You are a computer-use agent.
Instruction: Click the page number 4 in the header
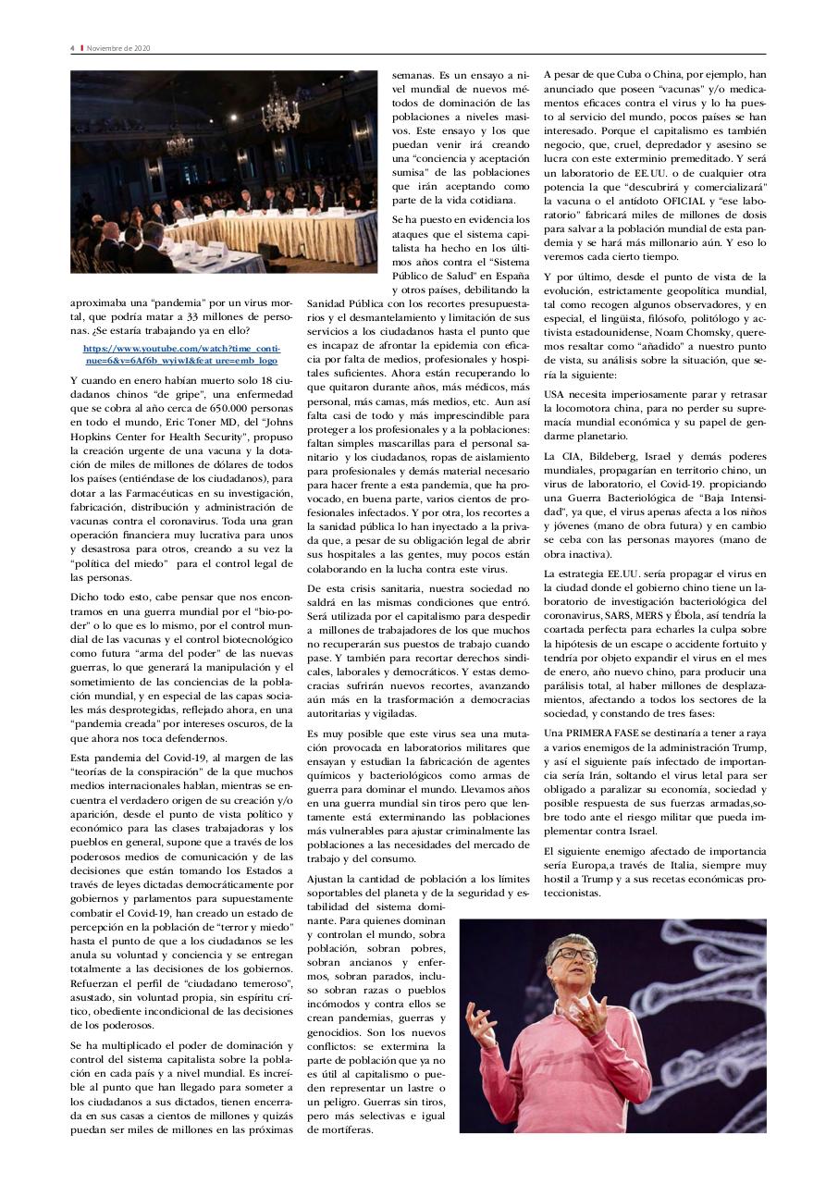[x=72, y=48]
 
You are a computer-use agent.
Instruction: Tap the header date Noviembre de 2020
[x=118, y=48]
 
